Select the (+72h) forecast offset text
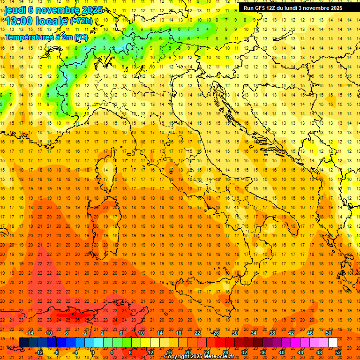click(82, 21)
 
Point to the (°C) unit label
click(81, 37)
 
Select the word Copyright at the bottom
click(178, 357)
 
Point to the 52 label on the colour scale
click(338, 352)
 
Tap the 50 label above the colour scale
click(329, 333)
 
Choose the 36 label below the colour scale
click(263, 352)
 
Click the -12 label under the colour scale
click(39, 352)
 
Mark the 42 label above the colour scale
click(291, 333)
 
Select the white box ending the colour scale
click(333, 343)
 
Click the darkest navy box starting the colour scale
click(23, 343)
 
